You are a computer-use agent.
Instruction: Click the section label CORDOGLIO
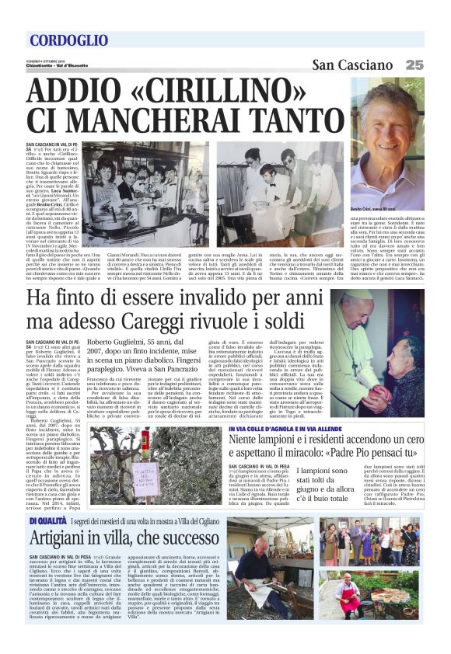pos(68,40)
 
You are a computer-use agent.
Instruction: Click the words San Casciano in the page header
pos(355,64)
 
